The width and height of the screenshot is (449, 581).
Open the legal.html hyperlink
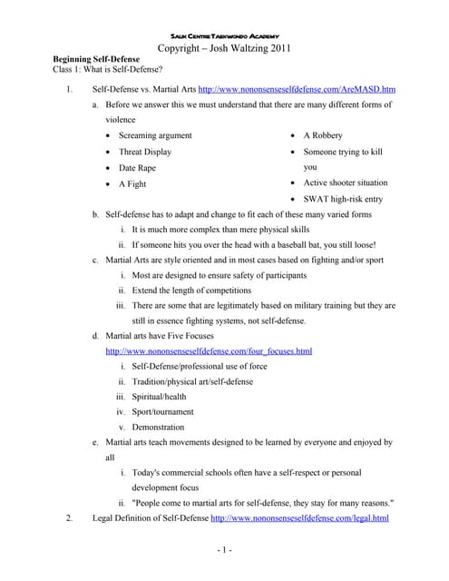pos(299,518)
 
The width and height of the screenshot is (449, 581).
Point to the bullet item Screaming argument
pos(155,135)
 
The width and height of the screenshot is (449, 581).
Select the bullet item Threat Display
pos(145,152)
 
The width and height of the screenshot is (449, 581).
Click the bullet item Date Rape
pos(139,168)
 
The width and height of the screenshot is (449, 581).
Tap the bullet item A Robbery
pos(323,135)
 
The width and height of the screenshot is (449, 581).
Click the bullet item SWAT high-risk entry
pos(343,199)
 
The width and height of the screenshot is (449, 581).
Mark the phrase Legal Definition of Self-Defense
pos(150,518)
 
